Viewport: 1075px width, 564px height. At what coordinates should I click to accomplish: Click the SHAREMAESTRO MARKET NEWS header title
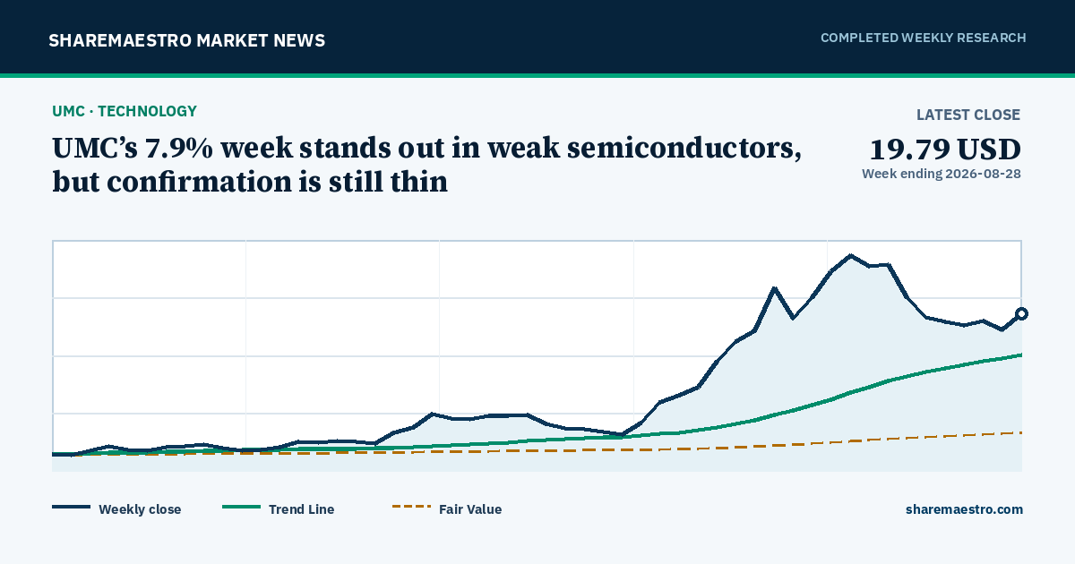(186, 41)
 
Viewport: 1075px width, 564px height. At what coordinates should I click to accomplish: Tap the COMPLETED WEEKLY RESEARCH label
(924, 38)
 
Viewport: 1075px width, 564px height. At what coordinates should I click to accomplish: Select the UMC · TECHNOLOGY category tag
(125, 111)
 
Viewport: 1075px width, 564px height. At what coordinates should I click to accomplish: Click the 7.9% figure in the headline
(179, 149)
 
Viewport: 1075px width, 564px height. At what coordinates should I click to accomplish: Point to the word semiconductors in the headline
(684, 149)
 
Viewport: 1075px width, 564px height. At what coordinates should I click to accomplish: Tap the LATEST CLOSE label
(968, 115)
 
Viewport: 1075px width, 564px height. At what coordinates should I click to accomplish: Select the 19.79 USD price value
(945, 150)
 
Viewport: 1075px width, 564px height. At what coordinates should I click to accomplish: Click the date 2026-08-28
(983, 174)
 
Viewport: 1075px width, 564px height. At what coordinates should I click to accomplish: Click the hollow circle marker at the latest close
(1022, 313)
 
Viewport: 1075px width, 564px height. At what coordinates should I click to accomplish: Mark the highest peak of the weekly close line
(850, 256)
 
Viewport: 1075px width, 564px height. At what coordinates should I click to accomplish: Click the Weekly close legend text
(140, 509)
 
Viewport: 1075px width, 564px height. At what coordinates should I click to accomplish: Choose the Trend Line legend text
(301, 509)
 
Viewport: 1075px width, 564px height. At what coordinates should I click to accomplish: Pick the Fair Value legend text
(470, 509)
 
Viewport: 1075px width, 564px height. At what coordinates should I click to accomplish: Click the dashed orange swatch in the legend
(411, 507)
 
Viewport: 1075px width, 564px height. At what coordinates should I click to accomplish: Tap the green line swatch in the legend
(241, 507)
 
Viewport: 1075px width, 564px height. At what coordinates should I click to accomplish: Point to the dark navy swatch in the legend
(71, 507)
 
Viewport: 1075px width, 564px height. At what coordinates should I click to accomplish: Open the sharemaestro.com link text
(964, 509)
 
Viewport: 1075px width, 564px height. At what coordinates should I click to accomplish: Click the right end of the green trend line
(1020, 355)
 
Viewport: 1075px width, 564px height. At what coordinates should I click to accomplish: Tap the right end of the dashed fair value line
(1020, 432)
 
